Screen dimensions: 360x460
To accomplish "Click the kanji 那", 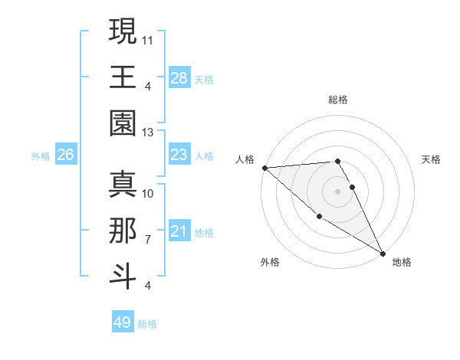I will [x=123, y=231].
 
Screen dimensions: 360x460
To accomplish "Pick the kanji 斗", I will [x=123, y=277].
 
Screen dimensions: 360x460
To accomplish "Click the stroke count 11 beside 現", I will [x=148, y=38].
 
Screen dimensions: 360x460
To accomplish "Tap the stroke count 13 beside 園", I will [x=148, y=132].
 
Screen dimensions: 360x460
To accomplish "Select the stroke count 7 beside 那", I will [x=148, y=239].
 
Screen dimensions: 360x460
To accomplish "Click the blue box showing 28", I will [x=179, y=77].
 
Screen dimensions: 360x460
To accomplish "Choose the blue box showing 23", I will [x=179, y=155].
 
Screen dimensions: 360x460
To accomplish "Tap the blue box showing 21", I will [x=179, y=231].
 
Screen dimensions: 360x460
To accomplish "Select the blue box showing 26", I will [x=65, y=155].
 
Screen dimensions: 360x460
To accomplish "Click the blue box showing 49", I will [x=123, y=322].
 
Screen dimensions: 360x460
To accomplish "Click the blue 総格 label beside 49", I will [x=147, y=324].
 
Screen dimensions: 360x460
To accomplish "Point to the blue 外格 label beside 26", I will [x=41, y=156].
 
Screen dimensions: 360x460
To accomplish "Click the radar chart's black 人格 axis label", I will [x=245, y=159].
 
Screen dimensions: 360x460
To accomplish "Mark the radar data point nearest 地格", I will [x=382, y=252].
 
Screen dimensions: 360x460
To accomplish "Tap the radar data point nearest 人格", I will [x=264, y=168].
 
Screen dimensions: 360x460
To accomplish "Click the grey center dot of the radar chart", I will [x=337, y=191].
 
